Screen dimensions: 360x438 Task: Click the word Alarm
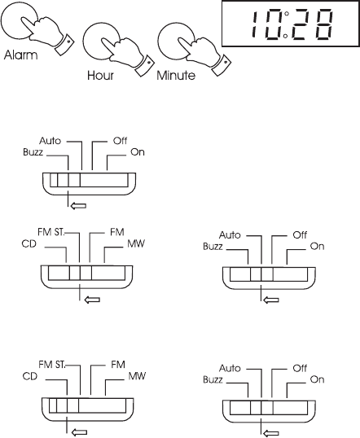click(20, 55)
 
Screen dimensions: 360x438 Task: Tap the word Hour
click(100, 76)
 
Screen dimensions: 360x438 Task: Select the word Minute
click(176, 76)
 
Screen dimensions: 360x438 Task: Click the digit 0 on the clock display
click(272, 24)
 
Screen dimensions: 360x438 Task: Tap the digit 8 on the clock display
click(324, 24)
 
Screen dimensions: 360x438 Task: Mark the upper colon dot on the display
click(287, 13)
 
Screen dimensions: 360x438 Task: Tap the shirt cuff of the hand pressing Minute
click(222, 65)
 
